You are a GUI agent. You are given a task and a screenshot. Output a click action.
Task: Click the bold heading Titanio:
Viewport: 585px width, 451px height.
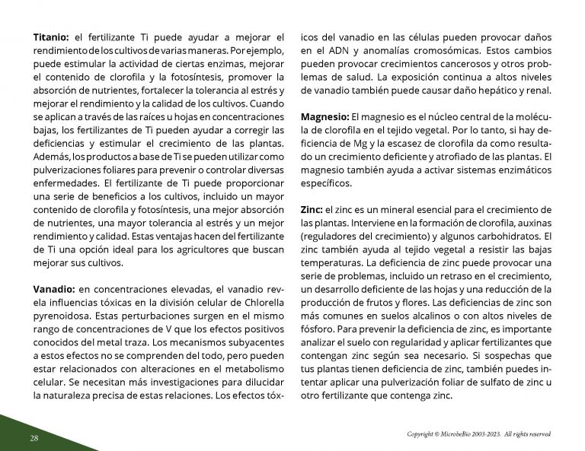coord(51,37)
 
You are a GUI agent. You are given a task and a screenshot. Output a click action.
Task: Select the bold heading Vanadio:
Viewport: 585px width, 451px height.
coord(53,288)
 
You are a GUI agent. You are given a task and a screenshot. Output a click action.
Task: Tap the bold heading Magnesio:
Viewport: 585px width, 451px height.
coord(323,117)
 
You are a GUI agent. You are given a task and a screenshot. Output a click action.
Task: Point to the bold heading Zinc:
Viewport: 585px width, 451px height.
coord(312,209)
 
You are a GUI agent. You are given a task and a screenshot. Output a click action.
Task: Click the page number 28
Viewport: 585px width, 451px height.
coord(34,438)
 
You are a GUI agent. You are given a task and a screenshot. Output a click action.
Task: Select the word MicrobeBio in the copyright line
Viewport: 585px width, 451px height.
coord(459,434)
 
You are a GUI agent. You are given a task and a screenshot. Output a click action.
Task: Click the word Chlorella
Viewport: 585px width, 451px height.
coord(260,301)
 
